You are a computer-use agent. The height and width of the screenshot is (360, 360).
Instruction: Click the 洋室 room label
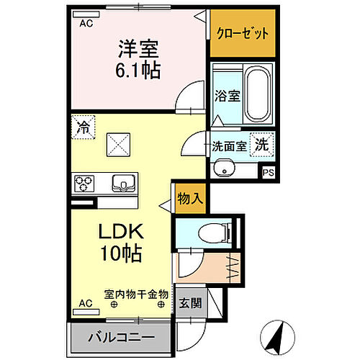pos(138,49)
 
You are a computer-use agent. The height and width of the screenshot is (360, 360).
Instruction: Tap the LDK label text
pos(121,231)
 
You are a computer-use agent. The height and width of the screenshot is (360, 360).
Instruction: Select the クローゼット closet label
pos(243,33)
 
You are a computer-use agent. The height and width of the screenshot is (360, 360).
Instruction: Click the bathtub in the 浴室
pos(258,94)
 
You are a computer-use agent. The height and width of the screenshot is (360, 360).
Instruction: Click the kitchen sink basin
pos(123,184)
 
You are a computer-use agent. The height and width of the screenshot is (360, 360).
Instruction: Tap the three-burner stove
pos(84,184)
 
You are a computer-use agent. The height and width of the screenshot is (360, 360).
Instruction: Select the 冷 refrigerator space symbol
pos(84,127)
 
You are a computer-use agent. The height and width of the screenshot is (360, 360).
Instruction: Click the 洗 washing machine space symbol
pos(261,145)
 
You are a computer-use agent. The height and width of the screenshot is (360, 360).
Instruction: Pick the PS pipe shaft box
pos(268,172)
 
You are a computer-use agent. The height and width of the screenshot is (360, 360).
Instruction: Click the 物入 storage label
pos(191,199)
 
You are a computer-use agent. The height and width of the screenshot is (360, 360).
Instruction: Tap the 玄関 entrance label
pos(190,303)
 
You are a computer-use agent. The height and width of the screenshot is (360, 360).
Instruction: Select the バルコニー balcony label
pos(122,338)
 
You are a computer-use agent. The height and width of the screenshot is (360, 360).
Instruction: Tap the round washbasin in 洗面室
pos(225,168)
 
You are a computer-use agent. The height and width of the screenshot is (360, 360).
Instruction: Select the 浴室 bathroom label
pos(228,96)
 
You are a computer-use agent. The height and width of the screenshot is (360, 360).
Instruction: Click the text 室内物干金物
pos(136,294)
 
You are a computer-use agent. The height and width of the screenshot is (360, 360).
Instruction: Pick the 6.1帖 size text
pos(138,70)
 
